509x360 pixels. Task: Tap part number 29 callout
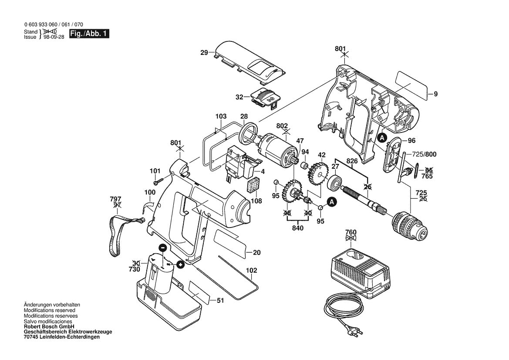[x=204, y=53]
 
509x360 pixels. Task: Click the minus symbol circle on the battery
[x=162, y=248]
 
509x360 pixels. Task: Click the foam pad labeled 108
[x=253, y=187]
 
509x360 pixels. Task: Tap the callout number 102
[x=251, y=270]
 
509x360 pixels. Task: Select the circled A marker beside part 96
[x=382, y=138]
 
